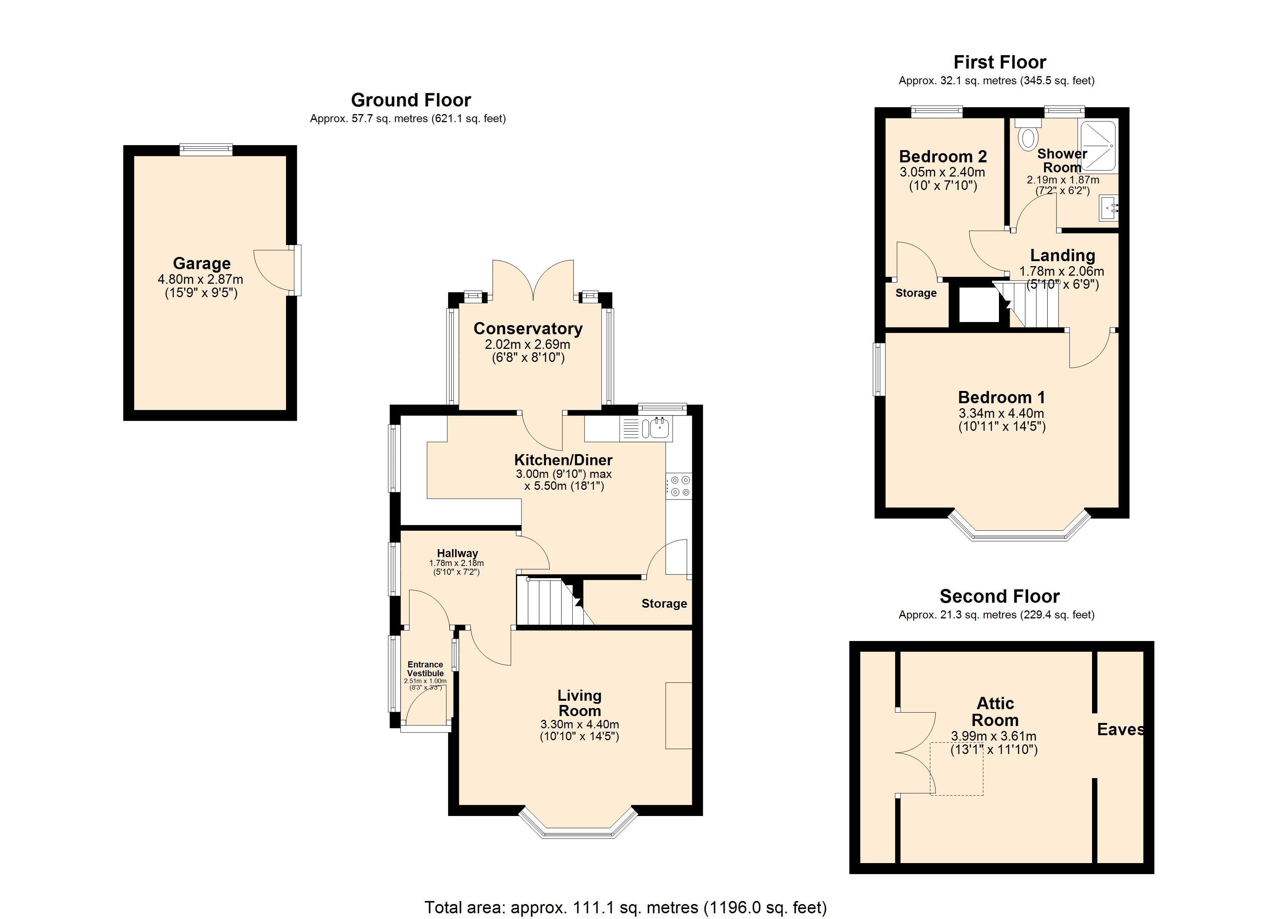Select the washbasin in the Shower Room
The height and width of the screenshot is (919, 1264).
(1108, 208)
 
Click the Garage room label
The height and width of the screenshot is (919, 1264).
(202, 263)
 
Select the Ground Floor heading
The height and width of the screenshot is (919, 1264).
(411, 100)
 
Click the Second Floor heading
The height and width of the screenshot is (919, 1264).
(999, 596)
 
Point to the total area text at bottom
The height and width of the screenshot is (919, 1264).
(625, 907)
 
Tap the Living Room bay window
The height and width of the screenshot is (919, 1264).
(578, 823)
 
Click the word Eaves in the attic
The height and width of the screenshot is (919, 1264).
(1121, 729)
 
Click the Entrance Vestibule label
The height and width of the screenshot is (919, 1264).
(425, 669)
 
